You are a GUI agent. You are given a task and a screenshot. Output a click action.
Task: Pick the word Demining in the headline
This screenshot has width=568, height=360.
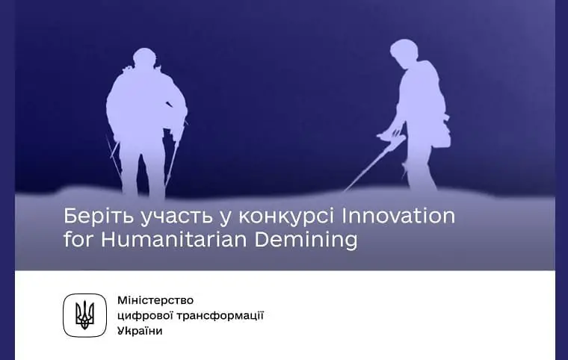[306, 240]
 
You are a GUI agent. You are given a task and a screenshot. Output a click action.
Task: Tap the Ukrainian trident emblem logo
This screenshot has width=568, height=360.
[84, 314]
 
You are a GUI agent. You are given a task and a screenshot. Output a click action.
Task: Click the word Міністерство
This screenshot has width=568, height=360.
[155, 300]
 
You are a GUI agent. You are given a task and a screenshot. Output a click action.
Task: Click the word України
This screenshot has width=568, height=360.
[140, 330]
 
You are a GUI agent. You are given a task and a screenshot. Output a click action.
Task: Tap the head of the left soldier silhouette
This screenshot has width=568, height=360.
[144, 60]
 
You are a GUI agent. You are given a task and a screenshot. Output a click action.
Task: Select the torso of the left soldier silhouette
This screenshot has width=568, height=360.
[145, 105]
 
